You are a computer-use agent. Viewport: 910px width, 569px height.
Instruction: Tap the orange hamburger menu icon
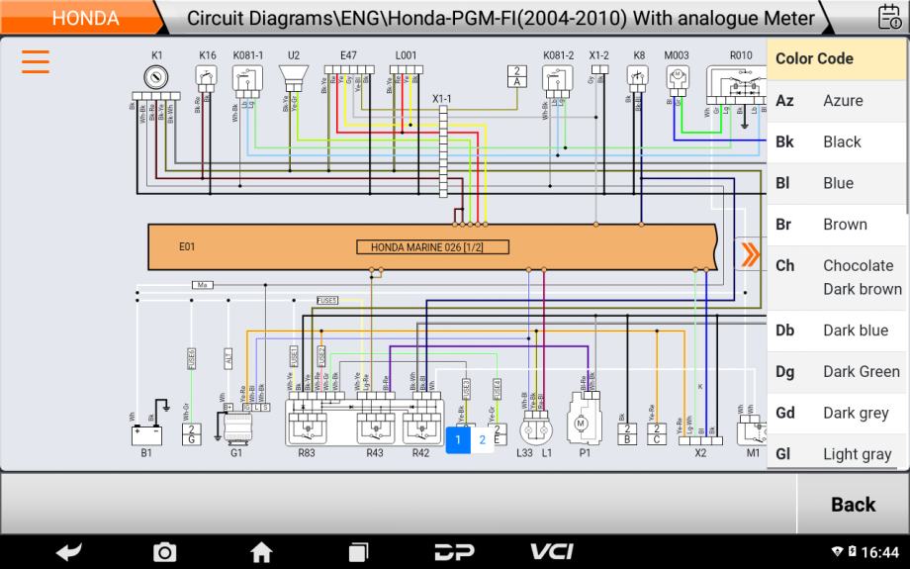(x=36, y=61)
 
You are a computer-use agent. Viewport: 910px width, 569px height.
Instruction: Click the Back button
(x=853, y=504)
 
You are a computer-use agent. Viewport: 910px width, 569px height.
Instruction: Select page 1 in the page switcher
(x=458, y=440)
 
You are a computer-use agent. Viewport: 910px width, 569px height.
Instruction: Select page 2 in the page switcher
(x=483, y=440)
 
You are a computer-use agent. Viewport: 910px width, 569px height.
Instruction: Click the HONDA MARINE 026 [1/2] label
(x=433, y=247)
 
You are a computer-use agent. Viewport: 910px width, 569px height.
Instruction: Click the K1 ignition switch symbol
(x=156, y=76)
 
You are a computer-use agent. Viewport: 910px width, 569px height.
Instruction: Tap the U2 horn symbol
(x=293, y=77)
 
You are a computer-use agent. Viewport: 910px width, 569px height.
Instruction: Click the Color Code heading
(x=814, y=58)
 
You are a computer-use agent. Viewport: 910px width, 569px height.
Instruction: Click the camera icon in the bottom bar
(x=164, y=552)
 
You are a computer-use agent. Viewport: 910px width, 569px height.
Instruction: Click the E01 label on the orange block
(x=187, y=247)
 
